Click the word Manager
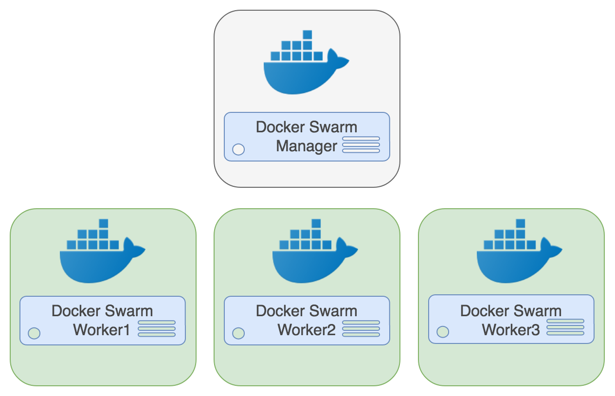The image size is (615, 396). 307,146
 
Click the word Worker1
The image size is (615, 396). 102,330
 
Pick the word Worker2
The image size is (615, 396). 307,330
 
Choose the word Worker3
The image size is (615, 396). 511,330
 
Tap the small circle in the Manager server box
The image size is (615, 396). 238,149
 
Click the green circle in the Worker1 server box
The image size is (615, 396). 34,333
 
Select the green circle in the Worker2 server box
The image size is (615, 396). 238,333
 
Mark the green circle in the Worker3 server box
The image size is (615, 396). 442,332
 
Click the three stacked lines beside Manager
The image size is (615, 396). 361,145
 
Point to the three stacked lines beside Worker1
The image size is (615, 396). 157,329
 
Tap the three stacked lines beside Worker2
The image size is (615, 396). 361,329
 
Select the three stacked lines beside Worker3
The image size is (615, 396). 565,327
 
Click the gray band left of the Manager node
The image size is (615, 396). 107,72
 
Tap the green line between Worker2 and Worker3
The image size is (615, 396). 409,224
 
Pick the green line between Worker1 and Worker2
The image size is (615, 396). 205,224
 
